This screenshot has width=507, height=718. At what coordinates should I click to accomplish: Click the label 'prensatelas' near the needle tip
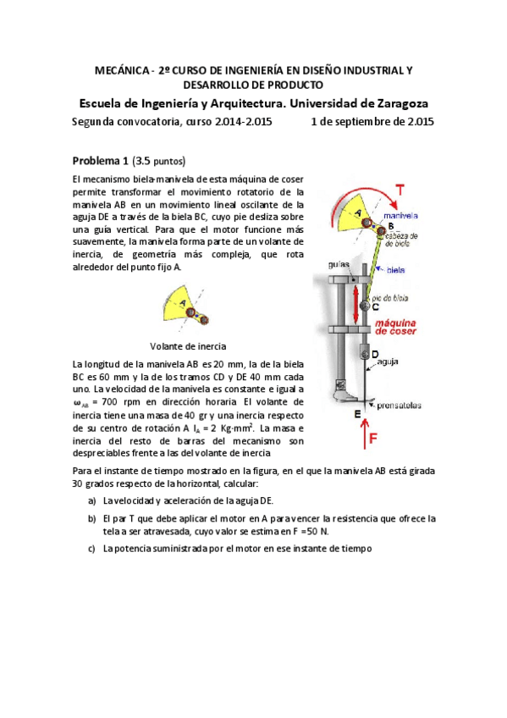400,406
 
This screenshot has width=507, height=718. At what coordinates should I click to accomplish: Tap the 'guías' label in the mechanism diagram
339,265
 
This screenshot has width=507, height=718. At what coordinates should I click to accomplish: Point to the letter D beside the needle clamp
375,354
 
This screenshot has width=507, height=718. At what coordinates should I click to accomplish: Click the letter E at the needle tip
357,413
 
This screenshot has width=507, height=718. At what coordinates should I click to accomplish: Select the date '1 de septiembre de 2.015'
372,121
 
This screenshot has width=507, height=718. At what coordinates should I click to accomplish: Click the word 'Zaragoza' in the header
392,102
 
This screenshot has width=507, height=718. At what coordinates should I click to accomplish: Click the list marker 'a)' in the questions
91,500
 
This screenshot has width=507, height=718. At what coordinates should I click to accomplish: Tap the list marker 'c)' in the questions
91,548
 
